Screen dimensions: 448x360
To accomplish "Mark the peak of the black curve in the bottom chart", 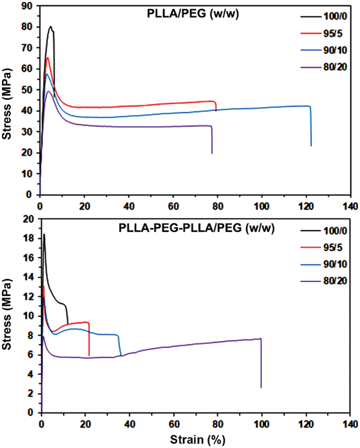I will pos(44,234).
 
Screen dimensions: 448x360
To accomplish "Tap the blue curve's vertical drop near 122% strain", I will pos(311,127).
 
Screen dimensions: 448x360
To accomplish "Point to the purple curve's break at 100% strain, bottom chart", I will pos(261,364).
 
